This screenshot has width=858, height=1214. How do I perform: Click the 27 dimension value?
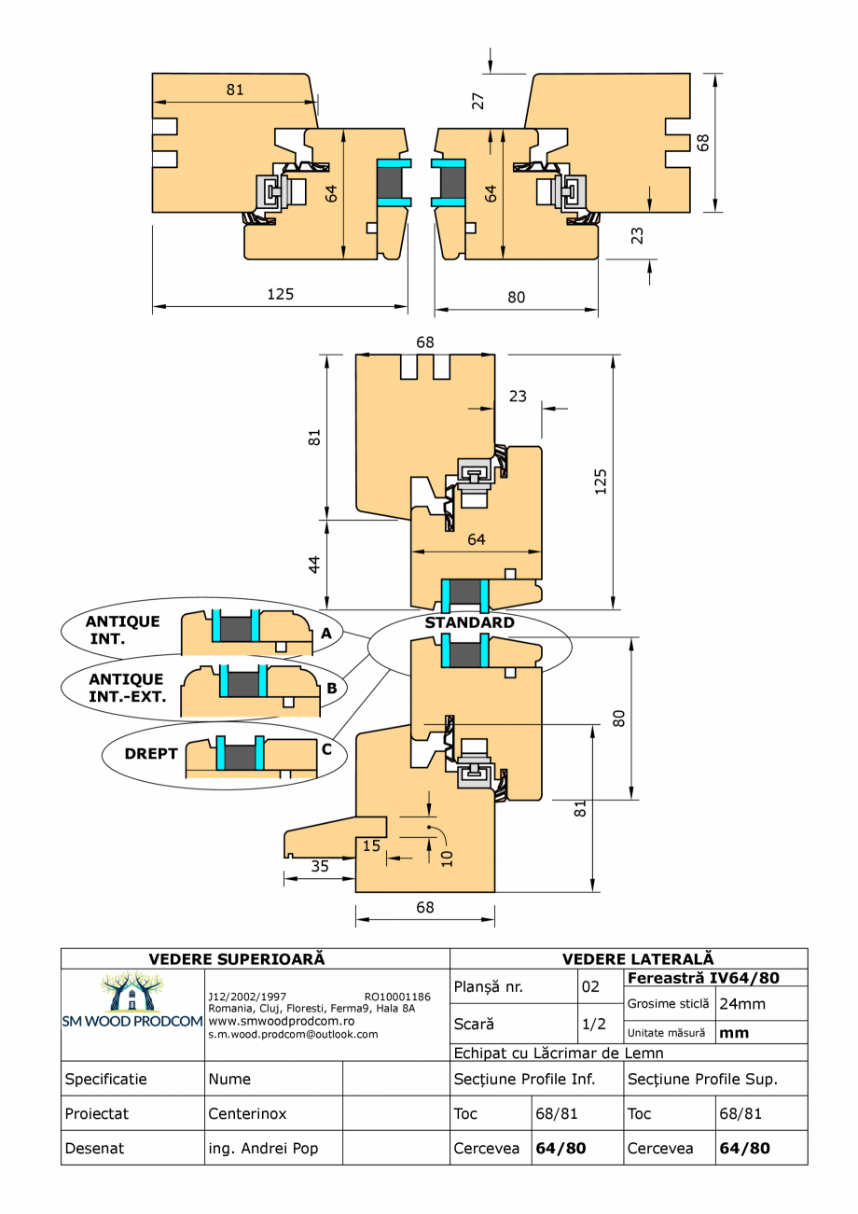478,100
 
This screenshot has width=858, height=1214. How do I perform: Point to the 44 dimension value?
314,565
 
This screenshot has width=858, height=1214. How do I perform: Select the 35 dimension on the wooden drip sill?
320,866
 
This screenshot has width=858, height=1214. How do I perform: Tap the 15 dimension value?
372,845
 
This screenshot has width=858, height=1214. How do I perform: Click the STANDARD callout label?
469,622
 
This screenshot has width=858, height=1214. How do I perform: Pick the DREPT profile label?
150,753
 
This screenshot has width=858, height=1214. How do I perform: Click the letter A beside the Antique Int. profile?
325,633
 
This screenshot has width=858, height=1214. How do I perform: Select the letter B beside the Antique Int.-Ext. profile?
331,688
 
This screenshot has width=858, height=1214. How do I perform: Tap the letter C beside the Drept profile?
326,747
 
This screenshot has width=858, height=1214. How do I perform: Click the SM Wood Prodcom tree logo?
131,993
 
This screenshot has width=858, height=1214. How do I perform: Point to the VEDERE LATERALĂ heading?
638,958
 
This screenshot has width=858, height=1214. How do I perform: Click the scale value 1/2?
594,1023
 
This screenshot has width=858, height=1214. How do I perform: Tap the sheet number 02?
590,986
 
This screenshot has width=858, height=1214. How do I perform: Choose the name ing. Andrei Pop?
263,1149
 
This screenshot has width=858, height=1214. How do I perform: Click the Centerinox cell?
248,1114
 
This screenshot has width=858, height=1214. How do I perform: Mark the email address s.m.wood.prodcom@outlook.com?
293,1034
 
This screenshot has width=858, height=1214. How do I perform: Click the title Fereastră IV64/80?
704,978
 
